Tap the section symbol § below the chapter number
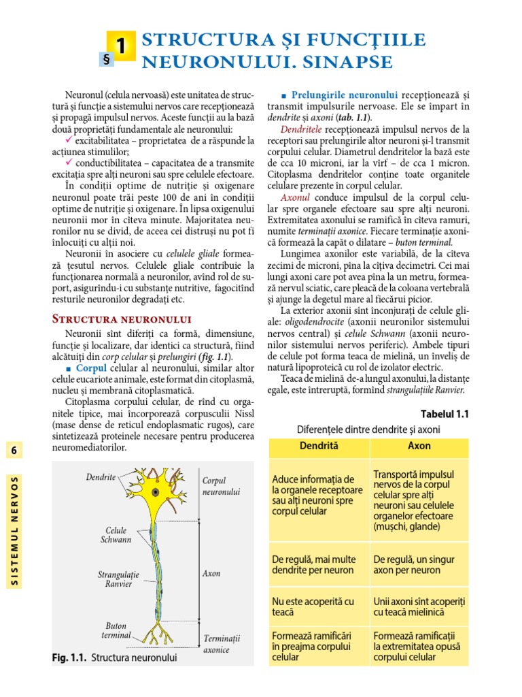click(x=105, y=60)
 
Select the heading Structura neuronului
click(x=122, y=319)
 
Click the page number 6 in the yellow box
click(x=12, y=451)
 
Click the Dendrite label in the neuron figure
click(x=101, y=477)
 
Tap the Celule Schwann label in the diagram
click(x=116, y=535)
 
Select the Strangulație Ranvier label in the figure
click(x=118, y=579)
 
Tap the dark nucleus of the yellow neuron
click(x=156, y=491)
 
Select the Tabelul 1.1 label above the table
click(x=445, y=414)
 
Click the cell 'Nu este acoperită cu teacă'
click(x=313, y=607)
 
